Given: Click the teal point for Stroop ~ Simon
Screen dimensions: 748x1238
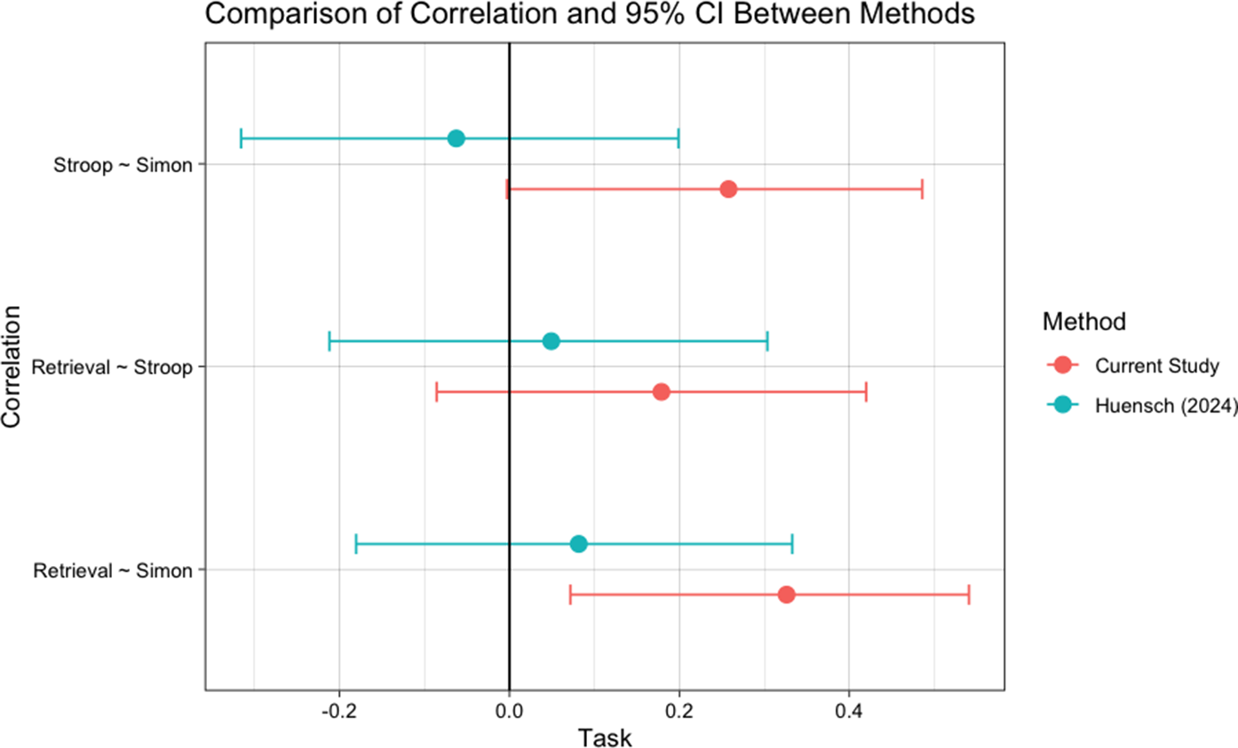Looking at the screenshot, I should pos(456,138).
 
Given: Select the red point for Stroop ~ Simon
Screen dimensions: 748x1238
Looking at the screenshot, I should pos(728,189).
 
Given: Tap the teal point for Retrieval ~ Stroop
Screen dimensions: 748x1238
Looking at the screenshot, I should pos(551,342).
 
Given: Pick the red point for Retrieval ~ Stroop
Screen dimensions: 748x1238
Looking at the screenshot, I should pos(661,392).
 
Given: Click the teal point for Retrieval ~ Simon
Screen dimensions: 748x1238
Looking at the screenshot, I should pos(578,544).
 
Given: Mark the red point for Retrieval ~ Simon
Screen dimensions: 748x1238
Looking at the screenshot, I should pos(786,594).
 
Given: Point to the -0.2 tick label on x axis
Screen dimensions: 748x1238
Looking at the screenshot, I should pos(339,711).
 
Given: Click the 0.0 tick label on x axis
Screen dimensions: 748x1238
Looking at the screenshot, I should pos(509,711).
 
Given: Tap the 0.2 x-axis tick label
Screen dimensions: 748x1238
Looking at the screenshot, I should pos(679,711).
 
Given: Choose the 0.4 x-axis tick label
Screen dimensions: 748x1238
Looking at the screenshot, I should pos(849,711).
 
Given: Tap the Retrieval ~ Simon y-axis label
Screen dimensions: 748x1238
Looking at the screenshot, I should pos(113,570).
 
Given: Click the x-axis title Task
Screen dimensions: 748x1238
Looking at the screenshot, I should pos(605,736).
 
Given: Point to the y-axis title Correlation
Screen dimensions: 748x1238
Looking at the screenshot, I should pos(12,367).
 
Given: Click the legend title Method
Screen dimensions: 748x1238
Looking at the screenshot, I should pos(1084,321).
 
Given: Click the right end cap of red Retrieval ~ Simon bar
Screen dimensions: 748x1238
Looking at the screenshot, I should pos(968,594).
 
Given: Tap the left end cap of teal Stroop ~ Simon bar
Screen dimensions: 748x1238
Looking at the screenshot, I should pos(242,138).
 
